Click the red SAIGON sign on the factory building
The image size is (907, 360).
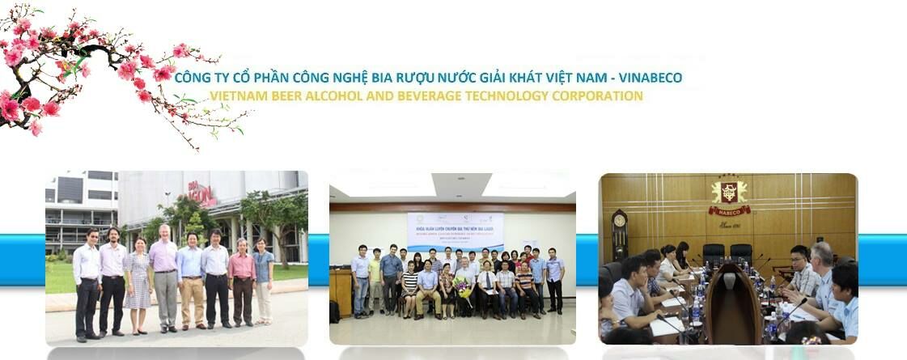(x=201, y=194)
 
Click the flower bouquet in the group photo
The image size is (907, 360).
(x=464, y=287)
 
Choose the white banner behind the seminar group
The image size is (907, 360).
(x=455, y=232)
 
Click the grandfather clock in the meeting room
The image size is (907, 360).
(x=620, y=235)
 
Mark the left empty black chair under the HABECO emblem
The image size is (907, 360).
(x=713, y=253)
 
